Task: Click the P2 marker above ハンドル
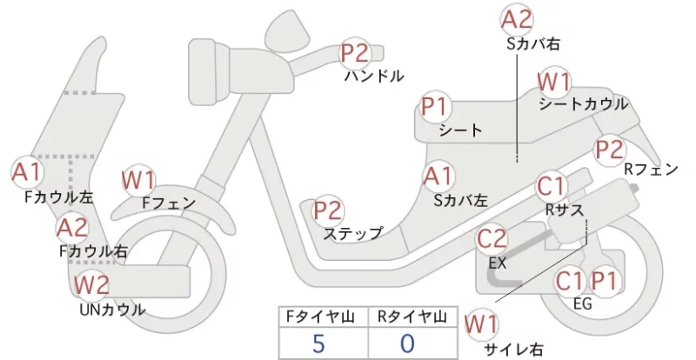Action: click(x=355, y=53)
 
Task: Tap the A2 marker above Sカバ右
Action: click(x=516, y=20)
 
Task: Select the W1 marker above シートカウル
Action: click(x=553, y=82)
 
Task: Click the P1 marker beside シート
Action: click(x=436, y=107)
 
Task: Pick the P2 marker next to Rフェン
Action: click(x=610, y=150)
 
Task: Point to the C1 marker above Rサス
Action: click(x=551, y=187)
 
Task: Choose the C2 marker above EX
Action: click(x=492, y=239)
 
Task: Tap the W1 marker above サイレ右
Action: click(x=481, y=324)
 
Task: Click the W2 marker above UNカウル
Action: click(x=91, y=285)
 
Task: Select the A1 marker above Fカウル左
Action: click(x=27, y=172)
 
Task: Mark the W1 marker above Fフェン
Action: click(x=138, y=181)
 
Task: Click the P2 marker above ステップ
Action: click(x=329, y=210)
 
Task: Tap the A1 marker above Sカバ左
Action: click(x=438, y=177)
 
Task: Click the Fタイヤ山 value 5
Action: click(x=318, y=343)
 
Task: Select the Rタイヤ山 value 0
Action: click(x=407, y=343)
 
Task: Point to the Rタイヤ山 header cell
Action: click(x=412, y=317)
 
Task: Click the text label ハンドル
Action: click(x=374, y=77)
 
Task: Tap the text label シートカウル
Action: click(x=584, y=104)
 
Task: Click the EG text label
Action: click(x=583, y=304)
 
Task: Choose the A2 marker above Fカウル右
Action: click(x=73, y=228)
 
